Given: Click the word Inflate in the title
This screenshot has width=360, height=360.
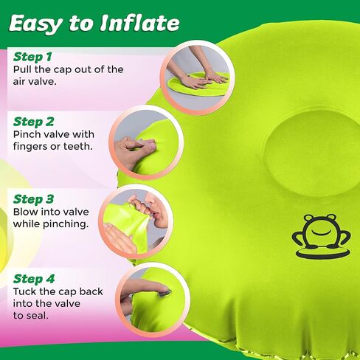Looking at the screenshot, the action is (x=140, y=23).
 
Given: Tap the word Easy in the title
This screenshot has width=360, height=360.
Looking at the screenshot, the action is (x=35, y=24).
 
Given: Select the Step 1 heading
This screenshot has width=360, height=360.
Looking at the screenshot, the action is (x=32, y=57).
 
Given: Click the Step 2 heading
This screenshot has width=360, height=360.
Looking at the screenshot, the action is (x=33, y=122).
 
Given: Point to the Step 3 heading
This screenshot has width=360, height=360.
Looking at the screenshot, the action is (x=33, y=199).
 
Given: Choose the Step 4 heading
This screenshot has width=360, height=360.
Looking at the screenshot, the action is (x=34, y=279).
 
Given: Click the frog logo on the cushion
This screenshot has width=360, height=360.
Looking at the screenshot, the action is (x=322, y=236).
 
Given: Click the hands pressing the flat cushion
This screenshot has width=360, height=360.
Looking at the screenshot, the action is (x=197, y=74).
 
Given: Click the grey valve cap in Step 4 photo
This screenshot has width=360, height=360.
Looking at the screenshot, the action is (x=165, y=294).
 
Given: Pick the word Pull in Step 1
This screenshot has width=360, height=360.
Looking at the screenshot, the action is (x=22, y=69).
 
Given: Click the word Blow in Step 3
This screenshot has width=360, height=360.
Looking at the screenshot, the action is (x=25, y=212).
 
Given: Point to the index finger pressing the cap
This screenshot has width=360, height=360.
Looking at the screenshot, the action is (x=145, y=288).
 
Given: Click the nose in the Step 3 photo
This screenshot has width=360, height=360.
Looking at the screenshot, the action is (x=150, y=201).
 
